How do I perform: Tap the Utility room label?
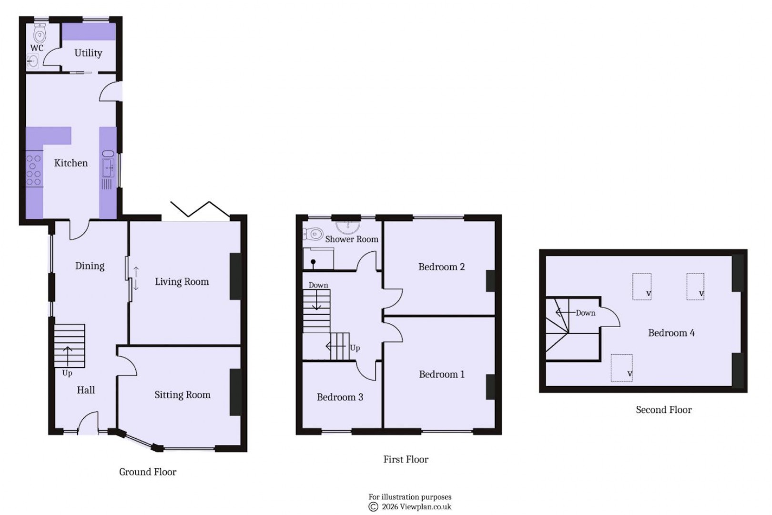pos(88,53)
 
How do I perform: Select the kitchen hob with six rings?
pos(34,170)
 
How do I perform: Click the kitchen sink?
pos(109,167)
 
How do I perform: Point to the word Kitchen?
pos(71,163)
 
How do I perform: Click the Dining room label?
pos(90,266)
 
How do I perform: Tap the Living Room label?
pos(182,282)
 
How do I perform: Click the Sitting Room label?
pos(182,395)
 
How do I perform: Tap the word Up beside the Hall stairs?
pos(67,373)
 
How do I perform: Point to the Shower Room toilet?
pos(314,234)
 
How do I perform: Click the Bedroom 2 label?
pos(441,267)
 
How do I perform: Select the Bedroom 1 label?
pos(441,374)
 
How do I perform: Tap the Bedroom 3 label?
pos(340,397)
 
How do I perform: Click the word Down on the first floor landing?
pos(318,285)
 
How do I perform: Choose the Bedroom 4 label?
pos(671,333)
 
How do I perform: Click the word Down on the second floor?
pos(585,313)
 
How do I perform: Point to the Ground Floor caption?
pos(148,472)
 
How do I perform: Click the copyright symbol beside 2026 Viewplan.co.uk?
pos(373,507)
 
